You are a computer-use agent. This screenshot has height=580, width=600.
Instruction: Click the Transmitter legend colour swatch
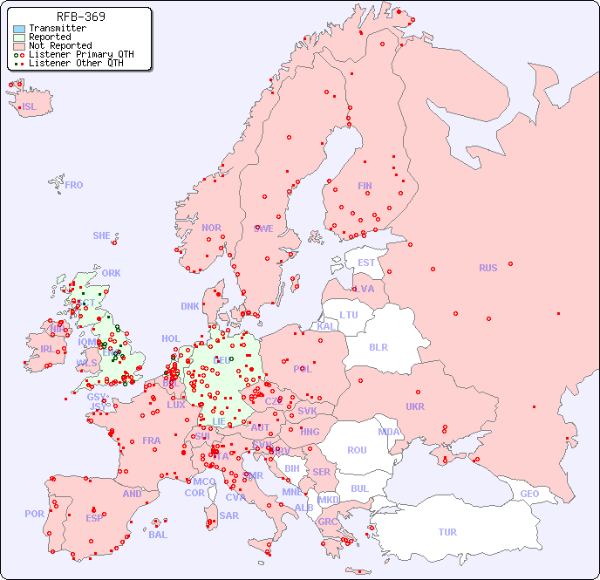[19, 29]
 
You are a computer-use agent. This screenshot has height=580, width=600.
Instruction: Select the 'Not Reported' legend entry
[59, 46]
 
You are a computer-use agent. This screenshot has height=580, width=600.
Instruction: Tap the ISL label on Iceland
[30, 107]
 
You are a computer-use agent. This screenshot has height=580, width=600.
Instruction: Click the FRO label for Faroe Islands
[74, 185]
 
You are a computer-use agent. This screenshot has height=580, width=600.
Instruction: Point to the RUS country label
[487, 268]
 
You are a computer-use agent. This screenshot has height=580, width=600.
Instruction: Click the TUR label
[447, 532]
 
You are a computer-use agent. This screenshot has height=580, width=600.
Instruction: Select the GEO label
[529, 494]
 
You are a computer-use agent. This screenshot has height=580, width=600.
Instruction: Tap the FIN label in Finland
[365, 186]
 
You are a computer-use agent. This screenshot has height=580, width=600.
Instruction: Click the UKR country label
[415, 406]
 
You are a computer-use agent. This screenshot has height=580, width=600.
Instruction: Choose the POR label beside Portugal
[34, 514]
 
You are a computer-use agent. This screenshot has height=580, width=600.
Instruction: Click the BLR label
[378, 346]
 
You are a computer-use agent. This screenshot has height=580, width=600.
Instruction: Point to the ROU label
[357, 450]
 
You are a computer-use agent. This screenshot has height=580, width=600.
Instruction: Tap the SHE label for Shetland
[102, 235]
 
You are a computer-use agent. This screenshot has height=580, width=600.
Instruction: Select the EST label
[366, 263]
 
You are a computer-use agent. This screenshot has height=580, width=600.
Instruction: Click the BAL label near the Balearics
[158, 535]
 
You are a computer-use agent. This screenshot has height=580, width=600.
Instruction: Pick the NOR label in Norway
[211, 228]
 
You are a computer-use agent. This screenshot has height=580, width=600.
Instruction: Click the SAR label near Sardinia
[228, 515]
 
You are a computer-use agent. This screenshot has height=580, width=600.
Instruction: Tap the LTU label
[349, 315]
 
